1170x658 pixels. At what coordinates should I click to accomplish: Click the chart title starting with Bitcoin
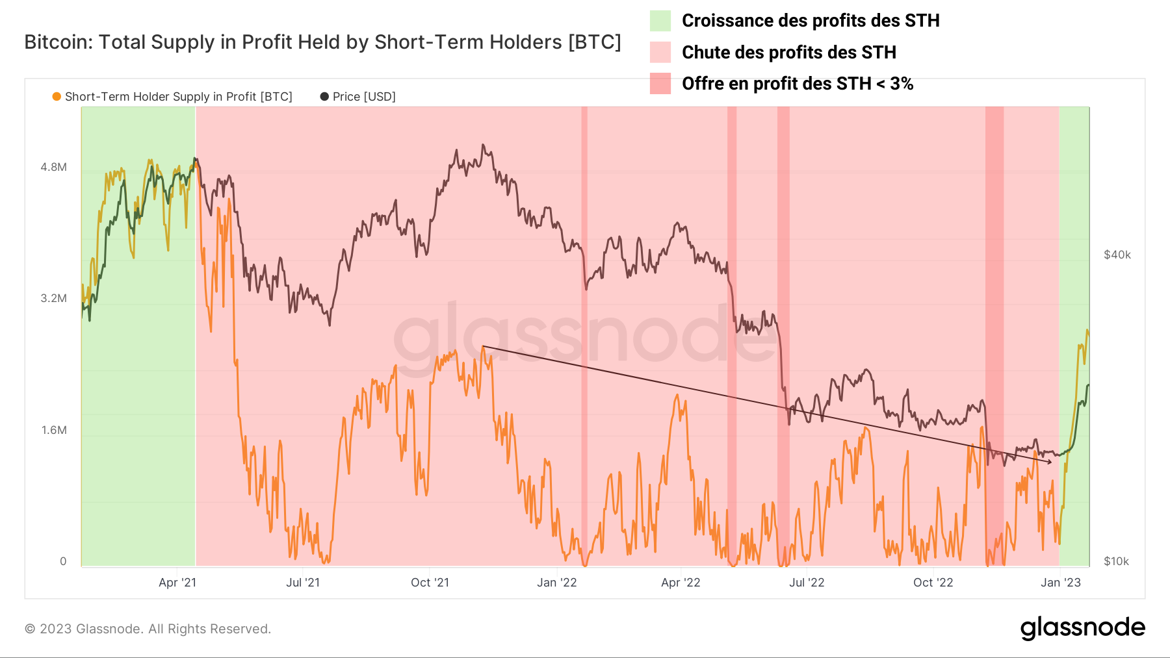[322, 42]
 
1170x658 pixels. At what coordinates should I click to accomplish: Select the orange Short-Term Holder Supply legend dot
[57, 97]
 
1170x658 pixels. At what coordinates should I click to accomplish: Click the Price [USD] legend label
[363, 97]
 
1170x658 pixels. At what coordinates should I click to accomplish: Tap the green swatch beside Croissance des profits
[660, 21]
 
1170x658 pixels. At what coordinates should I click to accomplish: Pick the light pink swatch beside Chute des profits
[660, 52]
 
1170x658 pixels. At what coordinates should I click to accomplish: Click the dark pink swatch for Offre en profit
[660, 84]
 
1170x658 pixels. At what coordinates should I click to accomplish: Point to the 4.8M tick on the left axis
[54, 167]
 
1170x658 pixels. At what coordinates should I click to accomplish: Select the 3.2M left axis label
[54, 299]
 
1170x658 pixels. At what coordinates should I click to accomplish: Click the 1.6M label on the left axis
[54, 430]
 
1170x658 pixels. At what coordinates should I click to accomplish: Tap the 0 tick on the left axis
[63, 561]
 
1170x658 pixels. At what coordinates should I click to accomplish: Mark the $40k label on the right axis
[1117, 255]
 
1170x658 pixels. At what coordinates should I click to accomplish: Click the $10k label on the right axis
[1116, 561]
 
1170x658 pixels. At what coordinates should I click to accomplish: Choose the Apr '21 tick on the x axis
[177, 583]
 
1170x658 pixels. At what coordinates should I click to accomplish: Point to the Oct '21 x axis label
[430, 583]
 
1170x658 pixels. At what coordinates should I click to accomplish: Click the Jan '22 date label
[556, 583]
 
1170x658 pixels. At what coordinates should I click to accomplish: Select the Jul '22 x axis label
[806, 583]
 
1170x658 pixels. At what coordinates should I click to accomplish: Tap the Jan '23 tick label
[1060, 583]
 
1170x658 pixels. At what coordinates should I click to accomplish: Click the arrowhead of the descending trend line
[1049, 462]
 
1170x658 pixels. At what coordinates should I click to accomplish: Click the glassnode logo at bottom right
[1082, 628]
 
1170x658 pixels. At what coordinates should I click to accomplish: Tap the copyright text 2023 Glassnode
[148, 629]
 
